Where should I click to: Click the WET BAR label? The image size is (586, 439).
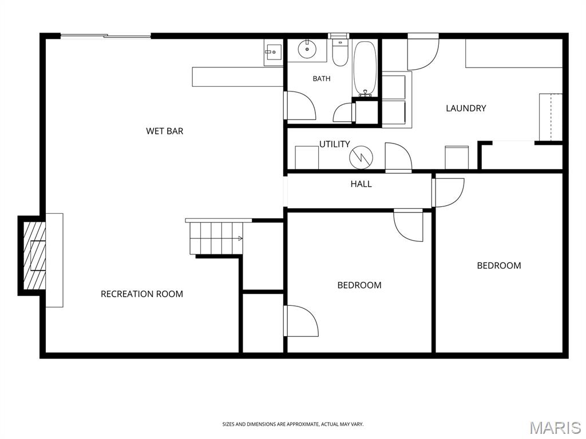coord(164,131)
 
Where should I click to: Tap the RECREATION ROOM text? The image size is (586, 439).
coord(142,294)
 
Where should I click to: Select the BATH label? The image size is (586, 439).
coord(322,78)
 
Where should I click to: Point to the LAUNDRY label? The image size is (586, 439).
coord(466,108)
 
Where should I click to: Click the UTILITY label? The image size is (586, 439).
coord(334,144)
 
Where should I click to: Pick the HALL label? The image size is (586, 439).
coord(361,184)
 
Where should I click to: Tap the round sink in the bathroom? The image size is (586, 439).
coord(307,49)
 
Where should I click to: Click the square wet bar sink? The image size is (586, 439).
coord(273,52)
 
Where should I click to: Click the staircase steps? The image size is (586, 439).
coord(216,237)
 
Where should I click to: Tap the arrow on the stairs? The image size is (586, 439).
coord(240,238)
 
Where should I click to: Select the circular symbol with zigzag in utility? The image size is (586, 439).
coord(361,157)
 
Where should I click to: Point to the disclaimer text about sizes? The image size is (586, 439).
coord(292,425)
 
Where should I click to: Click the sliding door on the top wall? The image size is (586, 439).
coord(106,36)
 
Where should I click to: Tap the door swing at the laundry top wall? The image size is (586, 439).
coord(423,52)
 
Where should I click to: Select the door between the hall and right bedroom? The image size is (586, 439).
coord(448,192)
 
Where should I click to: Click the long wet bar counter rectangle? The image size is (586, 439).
coord(237,77)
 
